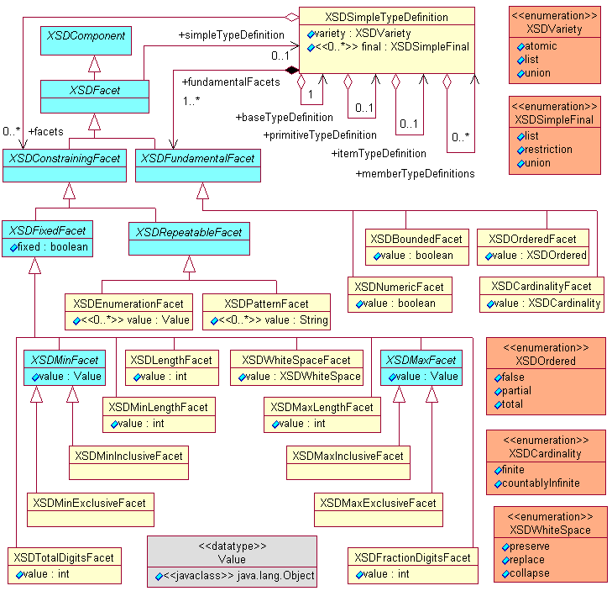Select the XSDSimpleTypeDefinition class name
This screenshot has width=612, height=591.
(x=386, y=17)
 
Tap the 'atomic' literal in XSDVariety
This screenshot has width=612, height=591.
(x=541, y=47)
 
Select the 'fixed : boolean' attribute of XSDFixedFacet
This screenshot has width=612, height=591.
(x=51, y=248)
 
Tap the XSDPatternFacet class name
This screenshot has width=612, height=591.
(x=266, y=303)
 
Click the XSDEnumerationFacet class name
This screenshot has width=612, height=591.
(x=128, y=303)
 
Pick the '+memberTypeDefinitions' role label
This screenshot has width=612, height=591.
(x=415, y=174)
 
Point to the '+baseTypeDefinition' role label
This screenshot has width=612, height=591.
(x=285, y=117)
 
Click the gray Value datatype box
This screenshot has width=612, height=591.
(x=232, y=561)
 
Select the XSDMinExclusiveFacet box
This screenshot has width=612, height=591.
(x=89, y=503)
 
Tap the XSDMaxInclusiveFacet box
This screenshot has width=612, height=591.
(x=348, y=456)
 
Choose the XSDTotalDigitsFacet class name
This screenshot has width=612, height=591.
(x=63, y=557)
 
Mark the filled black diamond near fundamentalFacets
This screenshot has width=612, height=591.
(x=292, y=71)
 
